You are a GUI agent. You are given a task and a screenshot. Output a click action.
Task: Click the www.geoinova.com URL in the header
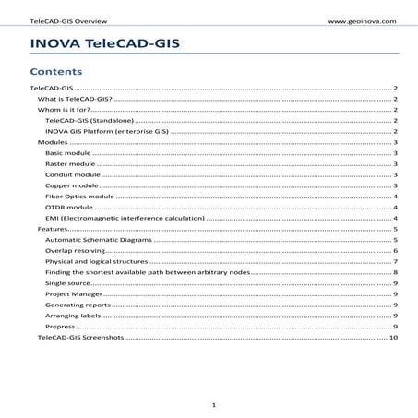tap(362, 18)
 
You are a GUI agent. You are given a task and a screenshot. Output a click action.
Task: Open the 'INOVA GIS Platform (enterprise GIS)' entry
tap(106, 132)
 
